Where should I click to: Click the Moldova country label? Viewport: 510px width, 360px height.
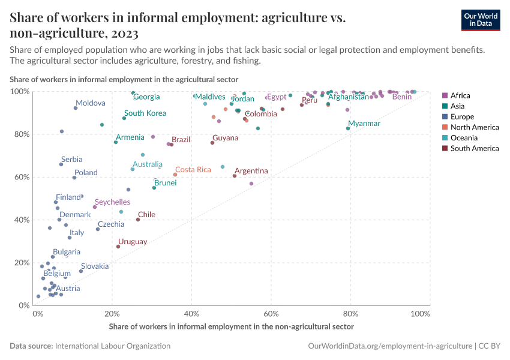click(x=91, y=103)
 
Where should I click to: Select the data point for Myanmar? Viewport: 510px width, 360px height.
click(x=348, y=128)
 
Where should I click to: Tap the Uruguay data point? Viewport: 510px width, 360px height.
click(x=118, y=247)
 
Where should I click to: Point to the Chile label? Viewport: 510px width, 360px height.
click(x=146, y=214)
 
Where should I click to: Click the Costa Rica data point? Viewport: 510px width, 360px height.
click(x=175, y=175)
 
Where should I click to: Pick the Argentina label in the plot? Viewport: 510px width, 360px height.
click(x=251, y=171)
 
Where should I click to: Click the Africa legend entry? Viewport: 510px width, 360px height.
click(x=460, y=95)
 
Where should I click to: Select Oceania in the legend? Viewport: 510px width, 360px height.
click(x=463, y=138)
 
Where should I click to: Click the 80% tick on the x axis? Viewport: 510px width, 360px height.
click(x=351, y=314)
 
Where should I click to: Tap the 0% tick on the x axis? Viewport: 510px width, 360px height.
click(x=37, y=314)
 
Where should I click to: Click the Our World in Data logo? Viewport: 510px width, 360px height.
click(x=481, y=19)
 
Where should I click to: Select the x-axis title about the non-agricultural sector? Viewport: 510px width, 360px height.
click(x=231, y=327)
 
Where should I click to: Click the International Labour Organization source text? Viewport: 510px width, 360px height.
click(x=112, y=346)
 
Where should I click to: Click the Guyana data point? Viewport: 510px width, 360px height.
click(x=212, y=143)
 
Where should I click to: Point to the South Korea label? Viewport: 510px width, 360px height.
click(x=145, y=113)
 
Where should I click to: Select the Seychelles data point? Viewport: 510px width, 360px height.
click(x=95, y=207)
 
